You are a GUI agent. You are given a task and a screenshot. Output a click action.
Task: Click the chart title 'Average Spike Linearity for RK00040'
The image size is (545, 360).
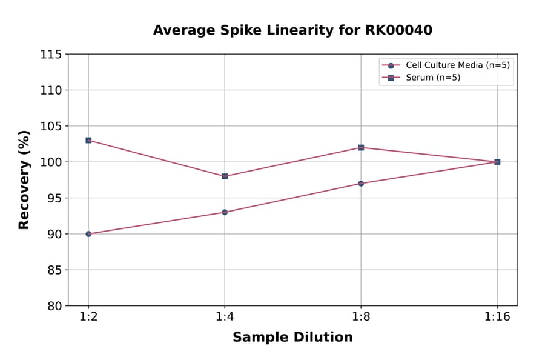(292, 30)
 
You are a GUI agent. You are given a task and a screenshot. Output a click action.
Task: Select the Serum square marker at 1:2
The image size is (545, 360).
(88, 140)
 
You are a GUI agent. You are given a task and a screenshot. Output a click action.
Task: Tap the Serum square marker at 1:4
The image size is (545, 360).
(225, 176)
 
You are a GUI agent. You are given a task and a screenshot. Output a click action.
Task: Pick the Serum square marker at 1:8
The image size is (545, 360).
(361, 147)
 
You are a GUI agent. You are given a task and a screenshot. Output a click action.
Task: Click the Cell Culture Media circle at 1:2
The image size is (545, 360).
(88, 234)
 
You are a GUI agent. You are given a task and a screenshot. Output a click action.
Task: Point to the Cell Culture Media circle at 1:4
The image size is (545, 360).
(225, 212)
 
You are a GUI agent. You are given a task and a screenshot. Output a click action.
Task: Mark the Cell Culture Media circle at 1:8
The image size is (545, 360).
(361, 183)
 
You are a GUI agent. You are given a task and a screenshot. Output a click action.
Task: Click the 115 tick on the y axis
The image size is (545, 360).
(51, 55)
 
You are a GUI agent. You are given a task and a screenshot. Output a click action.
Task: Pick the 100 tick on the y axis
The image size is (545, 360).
(51, 162)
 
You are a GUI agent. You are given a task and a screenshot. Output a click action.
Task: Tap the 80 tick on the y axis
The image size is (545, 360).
(54, 306)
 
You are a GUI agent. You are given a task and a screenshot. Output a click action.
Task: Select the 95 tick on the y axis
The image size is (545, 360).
(54, 198)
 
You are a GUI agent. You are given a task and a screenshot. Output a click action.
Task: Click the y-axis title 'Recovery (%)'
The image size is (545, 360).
(24, 180)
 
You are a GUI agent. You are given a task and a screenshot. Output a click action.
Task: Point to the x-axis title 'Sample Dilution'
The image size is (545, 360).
(292, 338)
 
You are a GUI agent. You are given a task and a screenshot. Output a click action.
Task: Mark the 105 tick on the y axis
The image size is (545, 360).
(51, 126)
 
